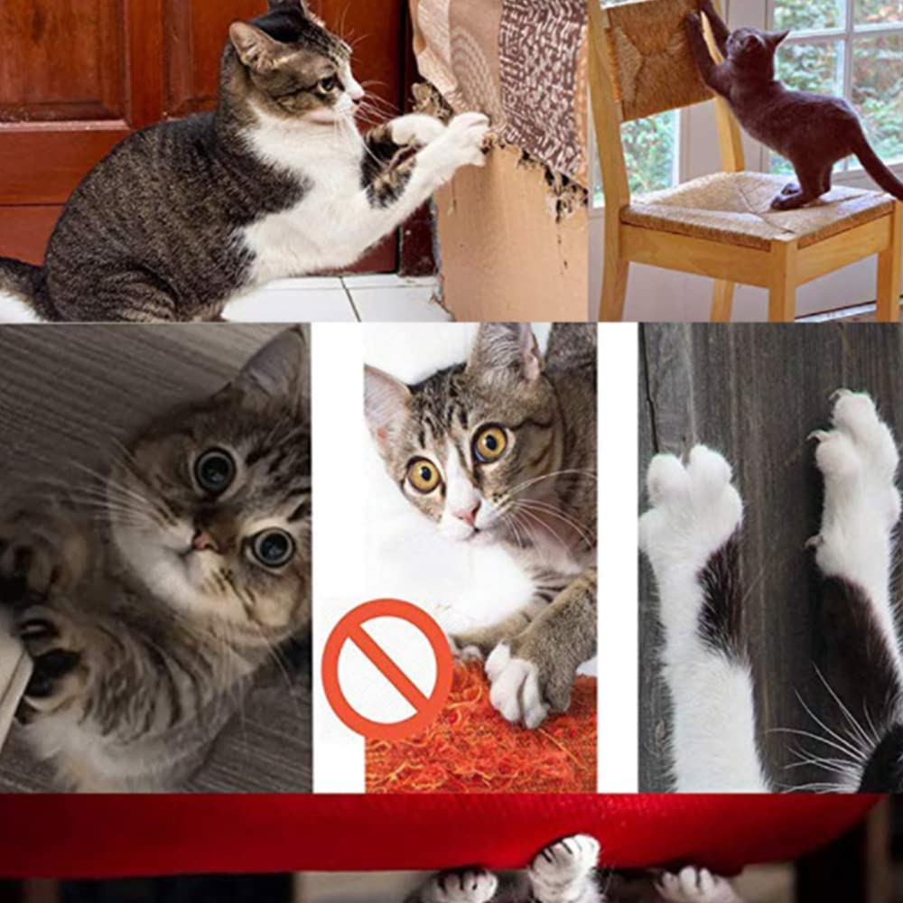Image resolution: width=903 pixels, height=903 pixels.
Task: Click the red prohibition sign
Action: coord(387,669)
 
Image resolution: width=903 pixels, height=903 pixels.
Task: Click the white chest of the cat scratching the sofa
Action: coord(298,208)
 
